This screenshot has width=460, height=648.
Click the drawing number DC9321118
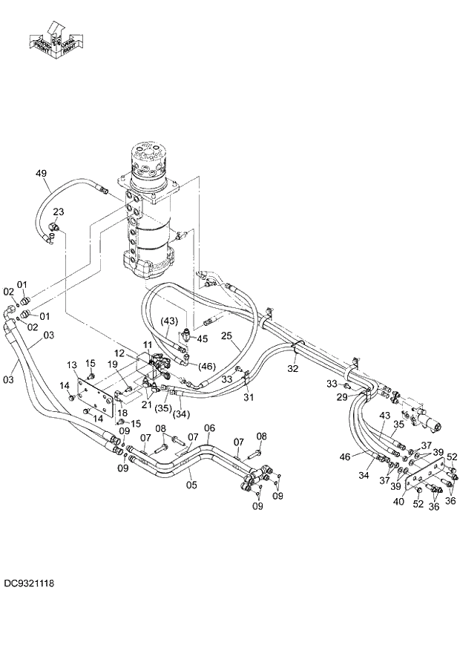27,584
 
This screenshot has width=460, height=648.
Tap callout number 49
42,174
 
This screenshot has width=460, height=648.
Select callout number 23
58,212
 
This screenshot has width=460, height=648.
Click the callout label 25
226,336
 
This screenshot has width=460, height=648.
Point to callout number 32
293,368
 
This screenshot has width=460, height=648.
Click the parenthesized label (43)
170,321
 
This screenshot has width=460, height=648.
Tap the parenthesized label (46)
206,366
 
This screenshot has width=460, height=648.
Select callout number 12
120,353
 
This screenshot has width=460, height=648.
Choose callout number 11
147,346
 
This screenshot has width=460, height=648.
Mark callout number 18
122,412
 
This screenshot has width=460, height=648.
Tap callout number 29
342,399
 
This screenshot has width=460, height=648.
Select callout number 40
398,503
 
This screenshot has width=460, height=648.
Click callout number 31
249,397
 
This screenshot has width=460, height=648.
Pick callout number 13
73,364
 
